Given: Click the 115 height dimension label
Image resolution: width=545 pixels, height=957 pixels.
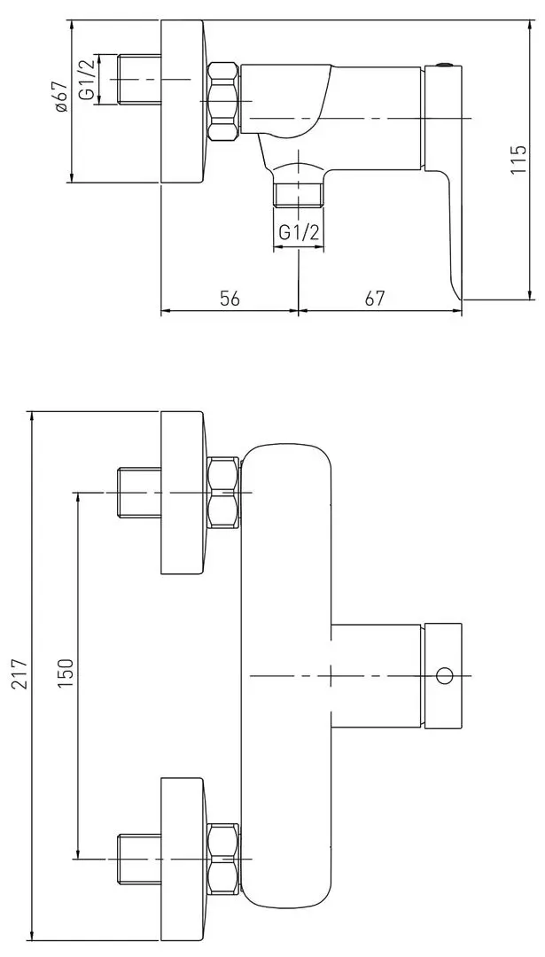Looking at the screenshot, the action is tap(518, 159).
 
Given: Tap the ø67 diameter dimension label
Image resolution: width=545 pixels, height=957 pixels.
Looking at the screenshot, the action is tap(60, 97).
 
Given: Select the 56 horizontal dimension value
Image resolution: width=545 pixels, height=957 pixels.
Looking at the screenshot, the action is tap(230, 298).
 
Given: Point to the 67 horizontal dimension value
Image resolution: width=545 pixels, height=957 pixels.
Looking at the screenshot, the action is tap(375, 298).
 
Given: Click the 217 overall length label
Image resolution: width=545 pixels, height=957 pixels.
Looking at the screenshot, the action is tap(21, 673).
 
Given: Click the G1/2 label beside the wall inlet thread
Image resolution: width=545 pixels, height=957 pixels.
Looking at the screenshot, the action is tap(87, 78).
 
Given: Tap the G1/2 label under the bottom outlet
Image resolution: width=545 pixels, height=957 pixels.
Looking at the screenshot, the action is tap(299, 232).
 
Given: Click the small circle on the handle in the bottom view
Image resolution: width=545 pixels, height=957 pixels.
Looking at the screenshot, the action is tap(444, 675).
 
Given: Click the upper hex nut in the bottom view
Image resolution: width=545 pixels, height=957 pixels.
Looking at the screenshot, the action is tap(223, 493).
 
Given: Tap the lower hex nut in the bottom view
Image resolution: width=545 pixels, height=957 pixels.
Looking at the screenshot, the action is tap(223, 859).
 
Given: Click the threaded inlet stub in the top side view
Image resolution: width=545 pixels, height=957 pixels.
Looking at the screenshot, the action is tap(138, 80).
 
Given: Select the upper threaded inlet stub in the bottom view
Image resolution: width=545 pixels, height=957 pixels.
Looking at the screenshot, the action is tap(138, 493).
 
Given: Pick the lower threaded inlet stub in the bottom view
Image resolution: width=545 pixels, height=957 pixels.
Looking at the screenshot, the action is tap(138, 859).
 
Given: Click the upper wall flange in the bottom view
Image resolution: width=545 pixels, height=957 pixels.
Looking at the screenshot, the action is tap(183, 493).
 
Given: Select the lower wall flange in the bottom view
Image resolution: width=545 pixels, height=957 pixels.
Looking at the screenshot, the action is tap(183, 859).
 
